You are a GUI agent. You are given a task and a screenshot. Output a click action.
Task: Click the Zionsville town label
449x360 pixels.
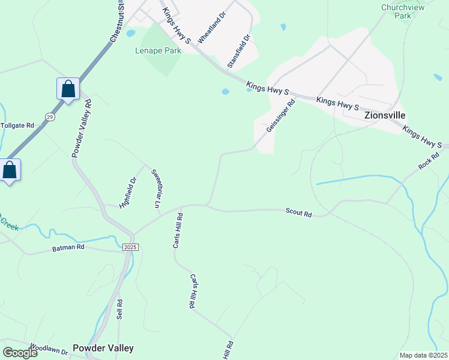[385, 115]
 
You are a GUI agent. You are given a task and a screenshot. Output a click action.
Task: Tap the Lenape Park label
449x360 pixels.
[158, 51]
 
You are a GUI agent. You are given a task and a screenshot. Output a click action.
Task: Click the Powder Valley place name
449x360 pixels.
[103, 348]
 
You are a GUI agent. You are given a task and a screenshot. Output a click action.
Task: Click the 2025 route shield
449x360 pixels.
[130, 247]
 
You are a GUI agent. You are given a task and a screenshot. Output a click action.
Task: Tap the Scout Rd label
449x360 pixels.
[299, 213]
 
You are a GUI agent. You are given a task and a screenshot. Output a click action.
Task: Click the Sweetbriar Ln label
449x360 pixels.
[157, 188]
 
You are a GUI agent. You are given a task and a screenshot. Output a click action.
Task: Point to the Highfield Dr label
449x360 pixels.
[128, 191]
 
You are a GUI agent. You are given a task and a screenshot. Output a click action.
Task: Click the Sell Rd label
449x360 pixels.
[120, 310]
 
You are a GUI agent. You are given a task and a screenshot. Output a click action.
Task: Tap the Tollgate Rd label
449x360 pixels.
[17, 125]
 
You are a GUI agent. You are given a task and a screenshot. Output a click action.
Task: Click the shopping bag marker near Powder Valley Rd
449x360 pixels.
[68, 89]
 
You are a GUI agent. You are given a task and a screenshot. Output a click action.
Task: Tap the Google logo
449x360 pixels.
[19, 353]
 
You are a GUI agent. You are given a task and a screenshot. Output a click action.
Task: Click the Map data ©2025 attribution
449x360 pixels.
[423, 355]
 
